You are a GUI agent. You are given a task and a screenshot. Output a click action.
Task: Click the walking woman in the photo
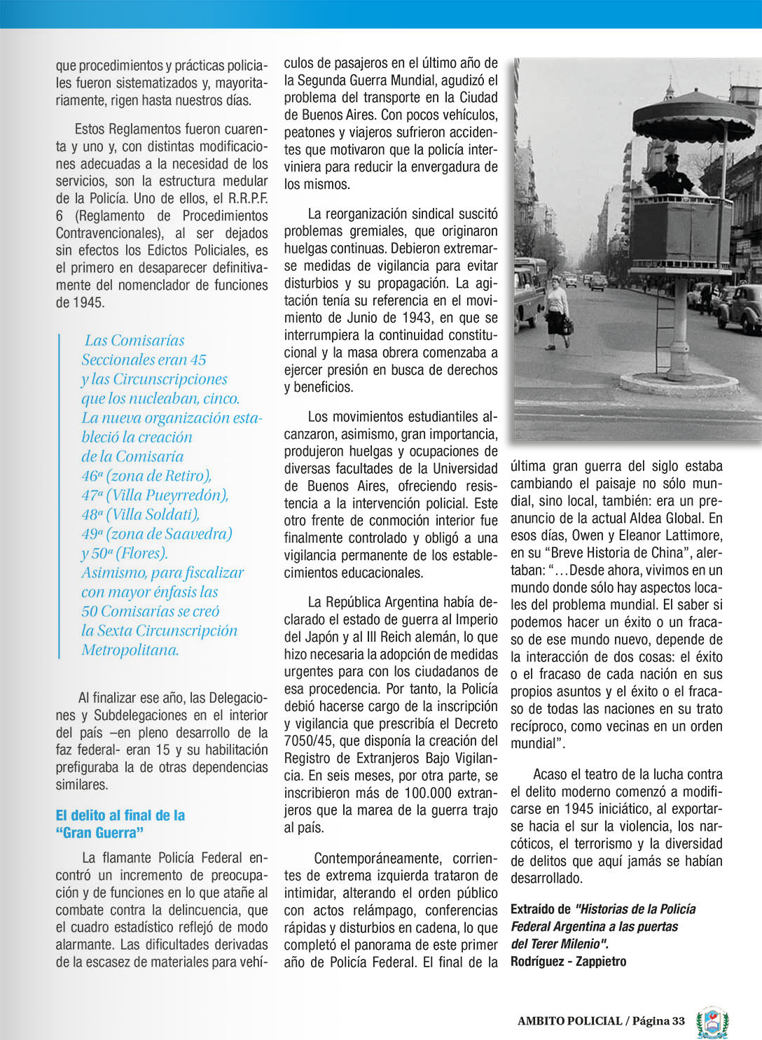point(557,312)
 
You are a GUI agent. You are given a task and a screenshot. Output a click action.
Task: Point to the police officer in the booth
point(672,177)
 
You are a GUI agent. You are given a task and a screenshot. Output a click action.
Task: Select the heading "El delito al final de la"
point(120,815)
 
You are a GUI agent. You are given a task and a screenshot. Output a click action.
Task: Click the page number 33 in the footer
point(677,1020)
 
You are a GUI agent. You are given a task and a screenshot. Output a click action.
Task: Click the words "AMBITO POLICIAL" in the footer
point(569,1020)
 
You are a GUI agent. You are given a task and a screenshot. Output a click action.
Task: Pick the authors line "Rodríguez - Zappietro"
point(568,961)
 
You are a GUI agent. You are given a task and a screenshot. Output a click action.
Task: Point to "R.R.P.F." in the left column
point(248,199)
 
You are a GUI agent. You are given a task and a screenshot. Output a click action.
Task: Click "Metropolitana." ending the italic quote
point(130,650)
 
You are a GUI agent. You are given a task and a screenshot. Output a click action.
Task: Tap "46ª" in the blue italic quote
point(91,476)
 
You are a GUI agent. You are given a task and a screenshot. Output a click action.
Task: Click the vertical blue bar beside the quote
point(60,496)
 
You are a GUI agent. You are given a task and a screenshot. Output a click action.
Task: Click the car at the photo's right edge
point(743,308)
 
